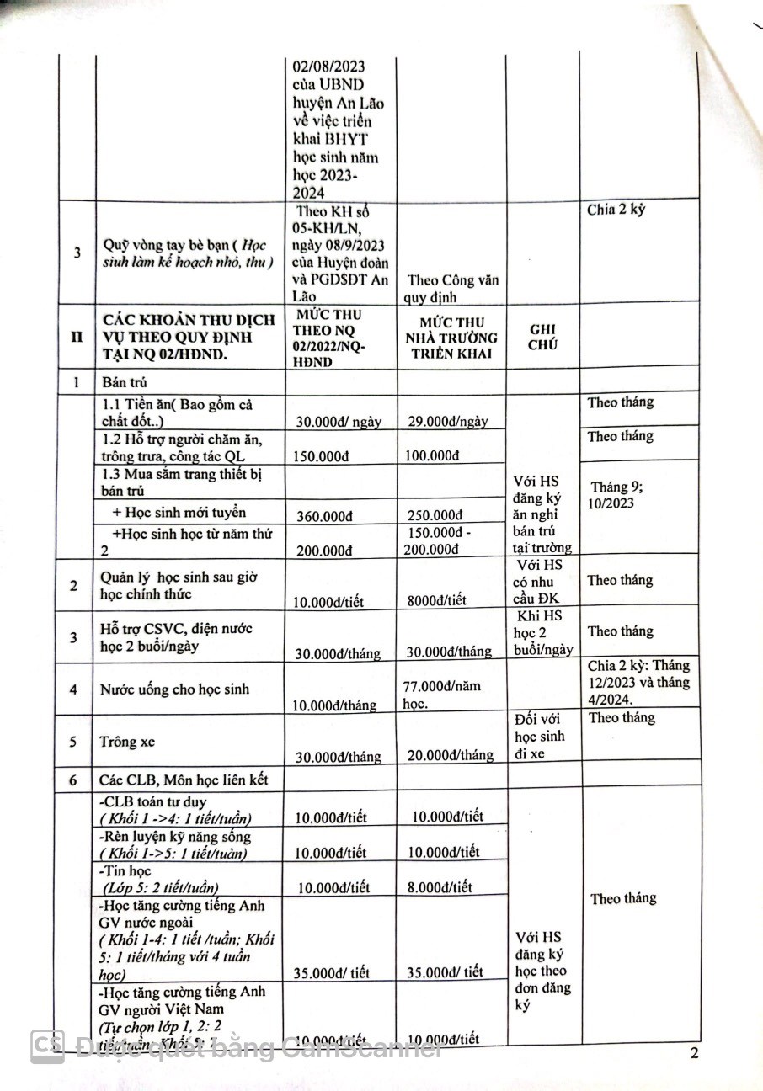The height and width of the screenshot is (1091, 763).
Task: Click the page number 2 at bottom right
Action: [695, 1055]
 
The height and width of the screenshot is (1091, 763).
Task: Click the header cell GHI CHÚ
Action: [543, 336]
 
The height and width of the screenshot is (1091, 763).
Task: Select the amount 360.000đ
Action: [326, 515]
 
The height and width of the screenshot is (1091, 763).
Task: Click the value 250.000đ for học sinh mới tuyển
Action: [435, 515]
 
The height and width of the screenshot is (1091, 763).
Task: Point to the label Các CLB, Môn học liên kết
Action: [184, 780]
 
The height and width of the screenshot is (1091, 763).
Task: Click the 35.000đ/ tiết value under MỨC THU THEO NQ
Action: [332, 973]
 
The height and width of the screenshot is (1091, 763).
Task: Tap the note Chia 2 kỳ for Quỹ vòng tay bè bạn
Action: [616, 210]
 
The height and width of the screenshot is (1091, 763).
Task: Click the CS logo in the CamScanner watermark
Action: [48, 1047]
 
